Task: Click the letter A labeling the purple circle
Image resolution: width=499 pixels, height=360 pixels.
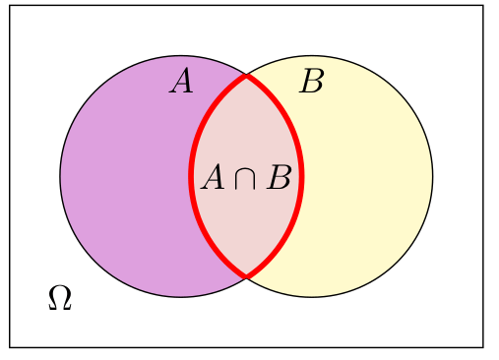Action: pyautogui.click(x=181, y=82)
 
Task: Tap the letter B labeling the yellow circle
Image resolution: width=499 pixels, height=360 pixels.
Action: pyautogui.click(x=311, y=83)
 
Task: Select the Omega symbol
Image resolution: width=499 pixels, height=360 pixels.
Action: pyautogui.click(x=60, y=298)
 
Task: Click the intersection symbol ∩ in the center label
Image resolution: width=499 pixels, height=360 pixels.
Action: pyautogui.click(x=246, y=178)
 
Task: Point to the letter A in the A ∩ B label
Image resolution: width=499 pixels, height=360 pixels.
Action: pyautogui.click(x=214, y=178)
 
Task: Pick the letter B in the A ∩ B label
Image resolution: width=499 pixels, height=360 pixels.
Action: pyautogui.click(x=279, y=178)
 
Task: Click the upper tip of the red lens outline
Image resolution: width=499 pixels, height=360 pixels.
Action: pyautogui.click(x=246, y=75)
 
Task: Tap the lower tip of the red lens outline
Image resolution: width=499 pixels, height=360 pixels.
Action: pyautogui.click(x=246, y=277)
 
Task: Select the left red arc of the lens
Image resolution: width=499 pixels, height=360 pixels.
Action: pyautogui.click(x=191, y=177)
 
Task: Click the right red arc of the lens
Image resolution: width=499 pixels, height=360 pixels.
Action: pyautogui.click(x=301, y=177)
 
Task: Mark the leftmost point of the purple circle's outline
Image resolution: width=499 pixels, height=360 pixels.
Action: pyautogui.click(x=60, y=176)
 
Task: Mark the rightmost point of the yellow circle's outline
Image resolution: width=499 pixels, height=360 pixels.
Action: pyautogui.click(x=432, y=176)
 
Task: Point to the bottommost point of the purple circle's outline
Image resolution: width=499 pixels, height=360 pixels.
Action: pyautogui.click(x=181, y=296)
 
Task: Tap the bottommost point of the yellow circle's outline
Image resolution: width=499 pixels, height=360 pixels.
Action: pyautogui.click(x=311, y=296)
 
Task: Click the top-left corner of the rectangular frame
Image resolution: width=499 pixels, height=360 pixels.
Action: pyautogui.click(x=10, y=6)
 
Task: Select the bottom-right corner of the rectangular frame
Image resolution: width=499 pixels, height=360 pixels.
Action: pyautogui.click(x=482, y=346)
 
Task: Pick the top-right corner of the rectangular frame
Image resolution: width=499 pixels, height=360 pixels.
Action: pyautogui.click(x=482, y=6)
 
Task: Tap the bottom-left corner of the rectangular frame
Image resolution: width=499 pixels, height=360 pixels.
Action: pyautogui.click(x=10, y=346)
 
